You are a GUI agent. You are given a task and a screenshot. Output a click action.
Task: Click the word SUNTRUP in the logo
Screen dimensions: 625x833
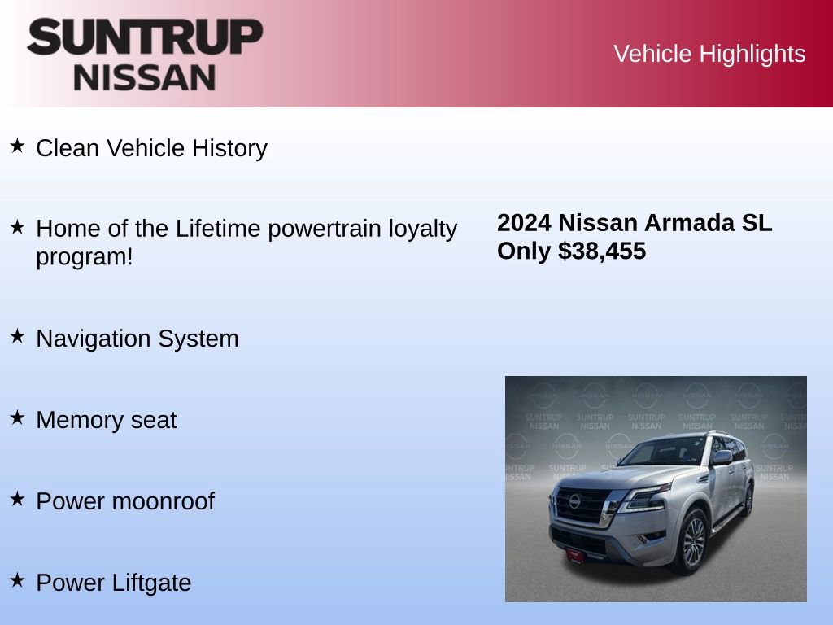[x=145, y=37]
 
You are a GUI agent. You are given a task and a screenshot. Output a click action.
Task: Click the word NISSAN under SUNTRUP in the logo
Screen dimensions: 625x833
[x=145, y=77]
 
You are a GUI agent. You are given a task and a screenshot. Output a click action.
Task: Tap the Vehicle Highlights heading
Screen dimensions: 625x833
[x=709, y=54]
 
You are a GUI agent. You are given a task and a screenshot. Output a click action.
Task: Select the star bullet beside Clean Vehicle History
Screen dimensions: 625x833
[x=17, y=146]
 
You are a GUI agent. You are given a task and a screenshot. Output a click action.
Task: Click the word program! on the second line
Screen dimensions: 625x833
[x=84, y=257]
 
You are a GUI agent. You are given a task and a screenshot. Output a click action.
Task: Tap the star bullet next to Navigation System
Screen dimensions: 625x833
[x=17, y=336]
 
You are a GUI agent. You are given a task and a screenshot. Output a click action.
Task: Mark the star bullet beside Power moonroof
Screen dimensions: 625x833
[x=17, y=499]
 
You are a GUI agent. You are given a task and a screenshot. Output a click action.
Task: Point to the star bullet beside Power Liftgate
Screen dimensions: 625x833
[x=17, y=580]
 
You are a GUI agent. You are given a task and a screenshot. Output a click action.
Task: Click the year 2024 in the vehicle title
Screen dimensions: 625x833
[x=524, y=223]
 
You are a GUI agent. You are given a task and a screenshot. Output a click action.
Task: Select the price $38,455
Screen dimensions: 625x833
[x=602, y=251]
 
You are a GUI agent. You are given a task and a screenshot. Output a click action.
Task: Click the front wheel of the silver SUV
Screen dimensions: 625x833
[x=691, y=541]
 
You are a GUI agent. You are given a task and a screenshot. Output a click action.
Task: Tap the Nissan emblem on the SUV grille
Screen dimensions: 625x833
[x=575, y=501]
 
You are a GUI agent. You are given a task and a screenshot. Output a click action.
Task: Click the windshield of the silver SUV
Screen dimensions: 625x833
[x=663, y=452]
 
